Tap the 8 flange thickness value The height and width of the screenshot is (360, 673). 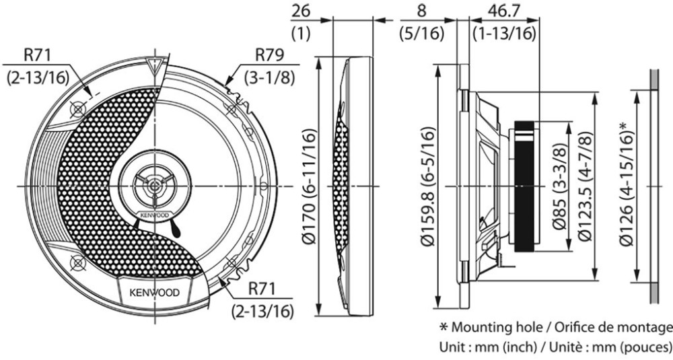point(421,12)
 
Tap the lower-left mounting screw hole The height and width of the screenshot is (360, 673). point(77,262)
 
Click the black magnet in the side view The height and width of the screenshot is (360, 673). point(526,186)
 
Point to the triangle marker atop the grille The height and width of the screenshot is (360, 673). point(155,66)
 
